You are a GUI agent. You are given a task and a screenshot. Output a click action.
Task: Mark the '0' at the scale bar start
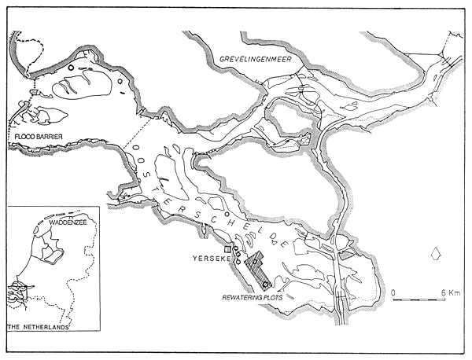click(393, 292)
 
